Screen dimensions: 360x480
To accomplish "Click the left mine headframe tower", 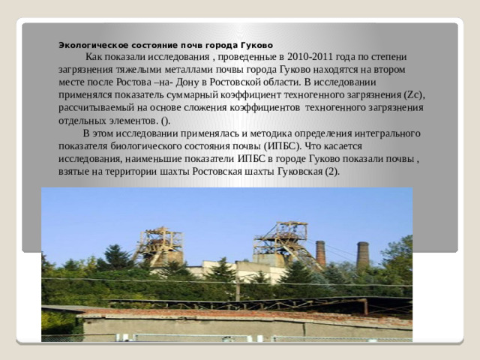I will [x=160, y=246].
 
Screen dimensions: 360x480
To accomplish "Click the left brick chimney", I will [x=320, y=253].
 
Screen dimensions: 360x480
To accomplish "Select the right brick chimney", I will [x=363, y=255].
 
